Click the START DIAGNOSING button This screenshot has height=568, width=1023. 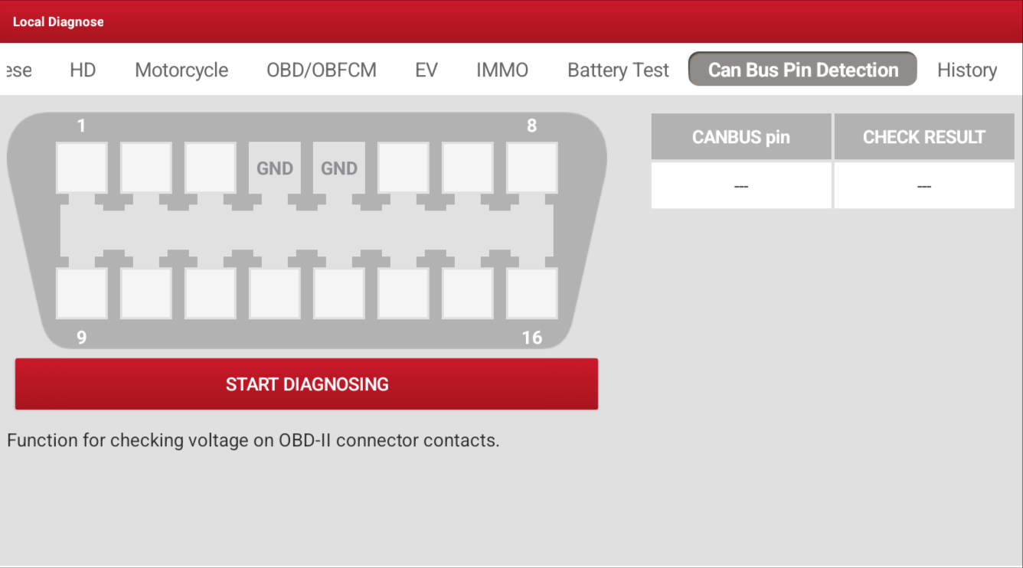coord(306,384)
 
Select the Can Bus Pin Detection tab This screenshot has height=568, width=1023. coord(802,70)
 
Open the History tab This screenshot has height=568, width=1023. coord(966,70)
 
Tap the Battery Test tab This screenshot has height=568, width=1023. coord(618,70)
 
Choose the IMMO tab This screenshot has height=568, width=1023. coord(502,70)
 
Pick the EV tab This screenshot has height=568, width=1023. coord(426,70)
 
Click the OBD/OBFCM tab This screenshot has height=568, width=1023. coord(321,70)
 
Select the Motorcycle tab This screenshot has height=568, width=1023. coord(181,70)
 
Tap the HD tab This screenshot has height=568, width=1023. coord(83,70)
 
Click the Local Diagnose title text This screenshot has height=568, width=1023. coord(58,22)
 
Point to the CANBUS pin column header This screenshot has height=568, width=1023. coord(740,137)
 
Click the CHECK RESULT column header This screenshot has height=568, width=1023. coord(923,137)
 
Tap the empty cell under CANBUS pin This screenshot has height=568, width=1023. coord(740,186)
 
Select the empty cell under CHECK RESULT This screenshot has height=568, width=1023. coord(923,186)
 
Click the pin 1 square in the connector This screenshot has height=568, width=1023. coord(82,168)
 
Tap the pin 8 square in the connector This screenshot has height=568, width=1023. coord(531,168)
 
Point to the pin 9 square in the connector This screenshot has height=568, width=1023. coord(82,293)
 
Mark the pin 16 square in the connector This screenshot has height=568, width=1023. coord(531,293)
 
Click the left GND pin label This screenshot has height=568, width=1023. coord(274,168)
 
